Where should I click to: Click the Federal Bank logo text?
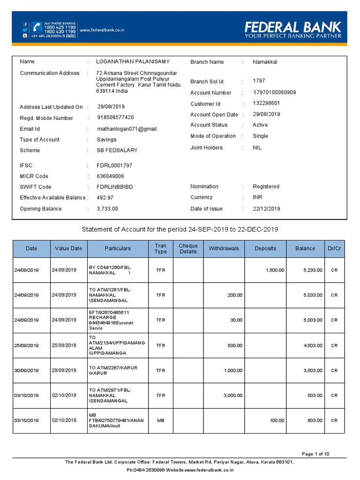tap(293, 27)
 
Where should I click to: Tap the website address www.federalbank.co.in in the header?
tap(102, 30)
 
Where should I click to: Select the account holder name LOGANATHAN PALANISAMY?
tap(133, 62)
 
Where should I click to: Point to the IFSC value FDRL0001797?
tap(114, 165)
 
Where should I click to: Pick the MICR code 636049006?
tap(110, 176)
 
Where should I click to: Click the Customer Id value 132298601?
tap(266, 104)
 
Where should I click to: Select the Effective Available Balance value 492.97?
tap(105, 198)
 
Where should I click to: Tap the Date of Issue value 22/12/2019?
tap(266, 209)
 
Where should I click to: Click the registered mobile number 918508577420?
tap(115, 118)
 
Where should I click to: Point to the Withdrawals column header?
tap(224, 248)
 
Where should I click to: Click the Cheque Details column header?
tap(188, 248)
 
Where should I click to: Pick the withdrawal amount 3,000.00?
tap(233, 395)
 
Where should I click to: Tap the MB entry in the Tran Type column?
tap(160, 420)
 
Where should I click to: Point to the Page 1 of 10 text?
tap(315, 454)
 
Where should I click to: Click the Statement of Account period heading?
tap(180, 229)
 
